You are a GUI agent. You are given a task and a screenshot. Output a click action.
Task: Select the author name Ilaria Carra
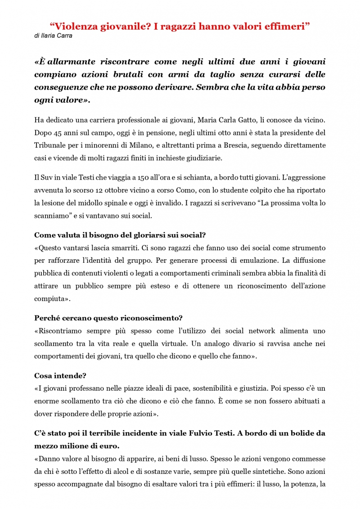point(56,36)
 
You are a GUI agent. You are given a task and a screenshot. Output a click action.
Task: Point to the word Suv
point(48,177)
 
